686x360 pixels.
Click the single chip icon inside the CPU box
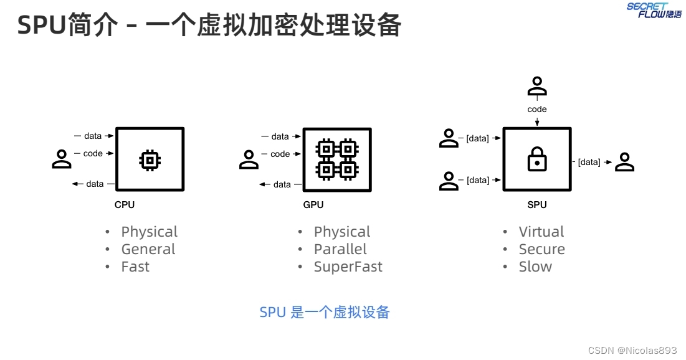click(x=150, y=161)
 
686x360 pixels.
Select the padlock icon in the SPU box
click(x=536, y=160)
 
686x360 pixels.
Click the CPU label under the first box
click(x=125, y=204)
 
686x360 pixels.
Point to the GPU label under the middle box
click(x=313, y=204)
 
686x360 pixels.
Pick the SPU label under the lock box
click(x=536, y=204)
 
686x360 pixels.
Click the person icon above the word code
click(x=536, y=87)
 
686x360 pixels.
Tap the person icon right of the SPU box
click(x=624, y=162)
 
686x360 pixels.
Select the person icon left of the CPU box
click(x=62, y=159)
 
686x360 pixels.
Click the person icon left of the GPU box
click(x=249, y=159)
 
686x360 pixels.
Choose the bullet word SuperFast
click(x=348, y=267)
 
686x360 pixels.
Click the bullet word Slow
click(x=535, y=267)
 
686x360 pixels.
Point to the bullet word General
click(x=148, y=249)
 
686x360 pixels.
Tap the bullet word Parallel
click(x=340, y=249)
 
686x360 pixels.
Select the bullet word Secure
click(x=541, y=249)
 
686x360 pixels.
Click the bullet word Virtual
click(x=541, y=232)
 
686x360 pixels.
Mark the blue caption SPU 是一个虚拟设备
click(x=324, y=312)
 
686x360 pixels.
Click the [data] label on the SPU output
click(x=589, y=163)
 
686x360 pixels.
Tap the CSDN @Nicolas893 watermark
click(x=632, y=350)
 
